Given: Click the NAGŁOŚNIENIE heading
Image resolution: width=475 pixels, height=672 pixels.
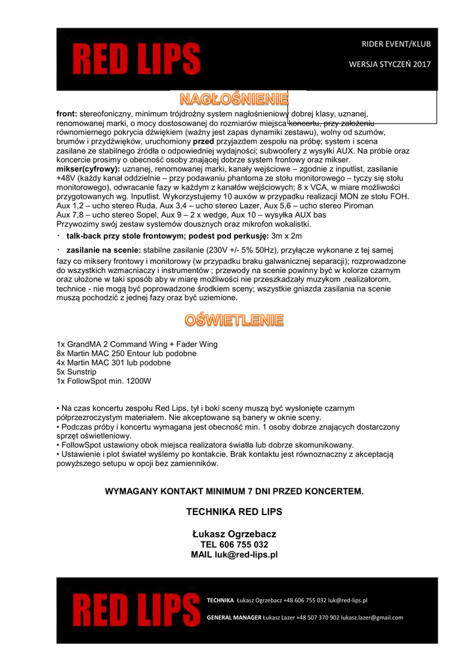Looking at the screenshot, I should pos(234,100).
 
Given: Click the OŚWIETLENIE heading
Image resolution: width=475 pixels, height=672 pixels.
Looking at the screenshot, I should pos(234,320).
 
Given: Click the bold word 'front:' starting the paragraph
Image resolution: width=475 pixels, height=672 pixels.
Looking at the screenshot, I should pos(67,114).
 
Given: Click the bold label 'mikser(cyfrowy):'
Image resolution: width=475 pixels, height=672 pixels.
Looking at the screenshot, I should pos(89,169).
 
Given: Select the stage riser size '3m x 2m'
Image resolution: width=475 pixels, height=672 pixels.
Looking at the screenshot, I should pos(287,236).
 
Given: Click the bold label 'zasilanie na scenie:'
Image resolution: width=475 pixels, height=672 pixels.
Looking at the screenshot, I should pos(104,251).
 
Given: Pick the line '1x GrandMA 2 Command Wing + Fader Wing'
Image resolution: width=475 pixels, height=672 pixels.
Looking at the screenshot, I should pos(137,344).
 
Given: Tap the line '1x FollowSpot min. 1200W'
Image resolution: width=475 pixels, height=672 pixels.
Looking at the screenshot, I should pos(104,381).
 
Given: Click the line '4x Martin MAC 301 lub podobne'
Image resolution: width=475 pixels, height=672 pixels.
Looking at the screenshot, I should pos(114,362).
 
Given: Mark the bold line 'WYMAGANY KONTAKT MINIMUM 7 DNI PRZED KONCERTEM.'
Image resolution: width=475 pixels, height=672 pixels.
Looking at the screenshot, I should pos(234,491).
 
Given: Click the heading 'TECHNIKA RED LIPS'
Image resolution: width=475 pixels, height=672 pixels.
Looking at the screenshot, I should pos(234,511).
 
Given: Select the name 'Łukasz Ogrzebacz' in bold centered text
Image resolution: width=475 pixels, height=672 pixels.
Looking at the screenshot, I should pos(234,534).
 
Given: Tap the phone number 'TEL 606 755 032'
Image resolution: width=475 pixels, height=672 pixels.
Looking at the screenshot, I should pos(234,545).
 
